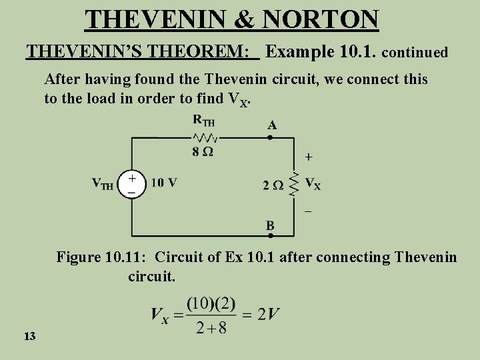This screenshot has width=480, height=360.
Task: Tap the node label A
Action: point(272,124)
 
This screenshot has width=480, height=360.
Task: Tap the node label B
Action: point(270,226)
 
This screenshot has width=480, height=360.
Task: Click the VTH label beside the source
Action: point(103,184)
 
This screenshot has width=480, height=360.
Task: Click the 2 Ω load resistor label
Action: point(273,185)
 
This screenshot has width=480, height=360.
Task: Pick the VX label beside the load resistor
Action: point(313,185)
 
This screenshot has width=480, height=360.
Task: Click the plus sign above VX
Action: point(307,157)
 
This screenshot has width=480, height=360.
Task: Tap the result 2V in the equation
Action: point(265,313)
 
